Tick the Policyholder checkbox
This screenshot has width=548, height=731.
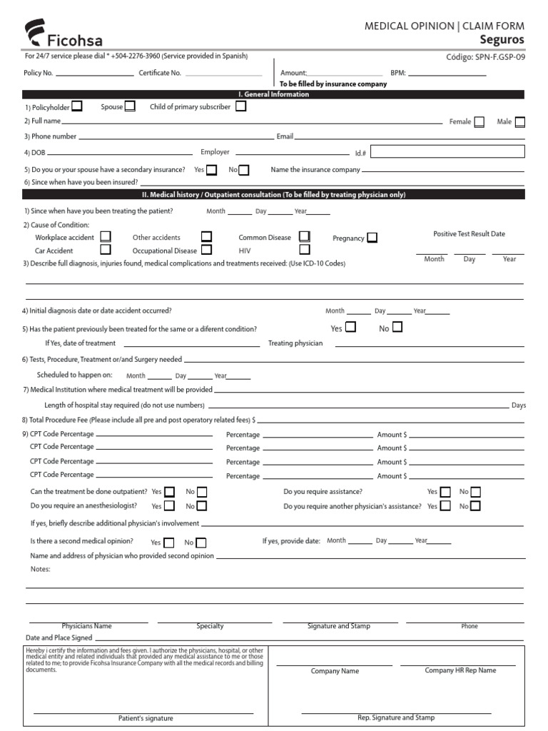coord(76,106)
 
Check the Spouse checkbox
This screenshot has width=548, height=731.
coord(130,106)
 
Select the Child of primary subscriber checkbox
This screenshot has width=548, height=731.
coord(240,106)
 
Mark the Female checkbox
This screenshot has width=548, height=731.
coord(479,122)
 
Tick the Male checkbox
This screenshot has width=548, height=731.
coord(520,122)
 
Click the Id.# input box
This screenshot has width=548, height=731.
coord(447,151)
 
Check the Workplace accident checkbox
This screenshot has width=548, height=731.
coord(106,236)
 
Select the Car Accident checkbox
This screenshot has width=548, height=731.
coord(106,250)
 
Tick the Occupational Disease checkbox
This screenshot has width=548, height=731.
coord(206,250)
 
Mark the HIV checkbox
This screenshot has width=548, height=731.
coord(305,250)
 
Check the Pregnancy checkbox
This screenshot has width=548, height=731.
coord(372,238)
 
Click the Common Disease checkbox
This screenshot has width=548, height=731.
coord(305,236)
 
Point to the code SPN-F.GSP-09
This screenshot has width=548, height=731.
coord(494,58)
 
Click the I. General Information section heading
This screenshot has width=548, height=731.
coord(273,94)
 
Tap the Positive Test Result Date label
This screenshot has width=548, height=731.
coord(469,234)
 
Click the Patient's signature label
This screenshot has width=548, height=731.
coord(146,718)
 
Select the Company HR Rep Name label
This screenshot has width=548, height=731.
coord(460,670)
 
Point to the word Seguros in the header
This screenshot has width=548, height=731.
coord(502,40)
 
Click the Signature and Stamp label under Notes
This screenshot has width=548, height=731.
coord(338,626)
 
